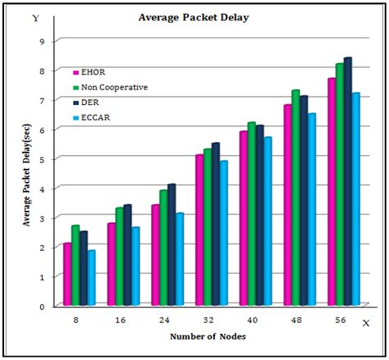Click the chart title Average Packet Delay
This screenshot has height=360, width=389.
[x=194, y=17]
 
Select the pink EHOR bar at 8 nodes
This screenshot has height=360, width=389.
[x=67, y=274]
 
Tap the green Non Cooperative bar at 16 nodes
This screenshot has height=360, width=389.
[x=120, y=257]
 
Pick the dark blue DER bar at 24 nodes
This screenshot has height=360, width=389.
[x=172, y=244]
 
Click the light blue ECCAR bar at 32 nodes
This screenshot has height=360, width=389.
[x=224, y=233]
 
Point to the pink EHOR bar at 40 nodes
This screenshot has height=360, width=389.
[x=244, y=218]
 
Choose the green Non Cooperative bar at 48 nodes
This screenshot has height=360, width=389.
[x=295, y=198]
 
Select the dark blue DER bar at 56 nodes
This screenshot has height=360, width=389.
[x=348, y=181]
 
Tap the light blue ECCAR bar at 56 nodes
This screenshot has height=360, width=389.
[x=356, y=199]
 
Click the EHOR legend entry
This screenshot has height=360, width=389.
[x=89, y=72]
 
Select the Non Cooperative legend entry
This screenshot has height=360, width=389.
[x=111, y=88]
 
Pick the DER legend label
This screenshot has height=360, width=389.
[x=90, y=103]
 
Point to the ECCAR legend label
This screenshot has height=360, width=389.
[x=95, y=118]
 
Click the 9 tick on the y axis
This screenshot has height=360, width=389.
[x=42, y=42]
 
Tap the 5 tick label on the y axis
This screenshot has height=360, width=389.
[x=42, y=159]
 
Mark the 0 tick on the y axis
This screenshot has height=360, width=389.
[x=42, y=307]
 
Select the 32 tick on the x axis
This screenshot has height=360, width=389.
[x=208, y=320]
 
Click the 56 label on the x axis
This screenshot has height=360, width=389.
[x=341, y=320]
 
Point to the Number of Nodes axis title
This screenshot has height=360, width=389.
[x=208, y=336]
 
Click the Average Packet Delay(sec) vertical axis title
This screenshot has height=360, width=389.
[x=27, y=175]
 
